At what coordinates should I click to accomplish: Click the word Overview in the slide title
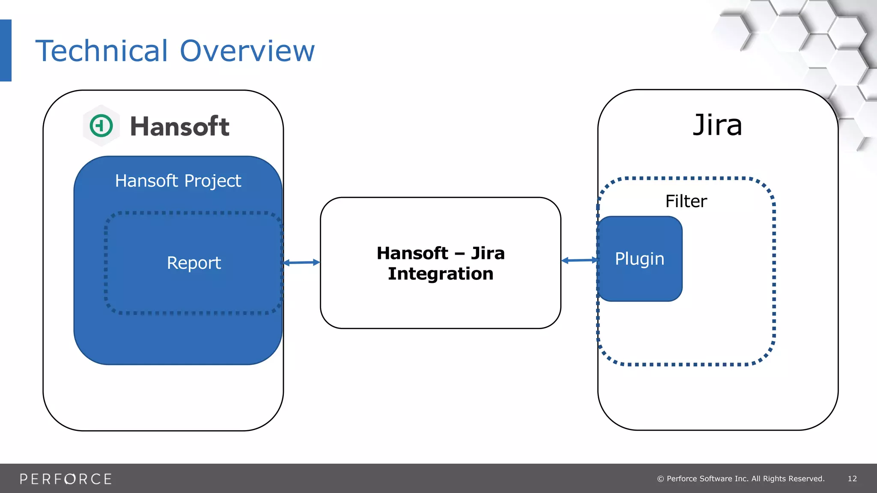pyautogui.click(x=247, y=51)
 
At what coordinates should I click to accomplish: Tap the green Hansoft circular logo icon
pyautogui.click(x=101, y=126)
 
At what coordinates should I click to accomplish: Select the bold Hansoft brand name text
pyautogui.click(x=179, y=127)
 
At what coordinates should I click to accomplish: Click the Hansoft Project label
pyautogui.click(x=178, y=181)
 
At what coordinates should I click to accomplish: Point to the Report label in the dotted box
pyautogui.click(x=194, y=263)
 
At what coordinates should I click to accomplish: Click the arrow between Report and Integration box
pyautogui.click(x=301, y=262)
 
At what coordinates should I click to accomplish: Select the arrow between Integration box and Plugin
pyautogui.click(x=579, y=260)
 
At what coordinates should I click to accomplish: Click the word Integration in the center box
pyautogui.click(x=441, y=274)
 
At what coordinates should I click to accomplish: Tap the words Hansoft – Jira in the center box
pyautogui.click(x=441, y=253)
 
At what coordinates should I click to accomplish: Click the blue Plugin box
pyautogui.click(x=639, y=259)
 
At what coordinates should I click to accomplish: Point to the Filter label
pyautogui.click(x=686, y=201)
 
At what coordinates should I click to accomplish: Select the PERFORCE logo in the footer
pyautogui.click(x=66, y=479)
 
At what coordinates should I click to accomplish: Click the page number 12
pyautogui.click(x=852, y=478)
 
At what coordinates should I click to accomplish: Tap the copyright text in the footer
pyautogui.click(x=741, y=478)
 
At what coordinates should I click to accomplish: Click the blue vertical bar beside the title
pyautogui.click(x=6, y=50)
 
